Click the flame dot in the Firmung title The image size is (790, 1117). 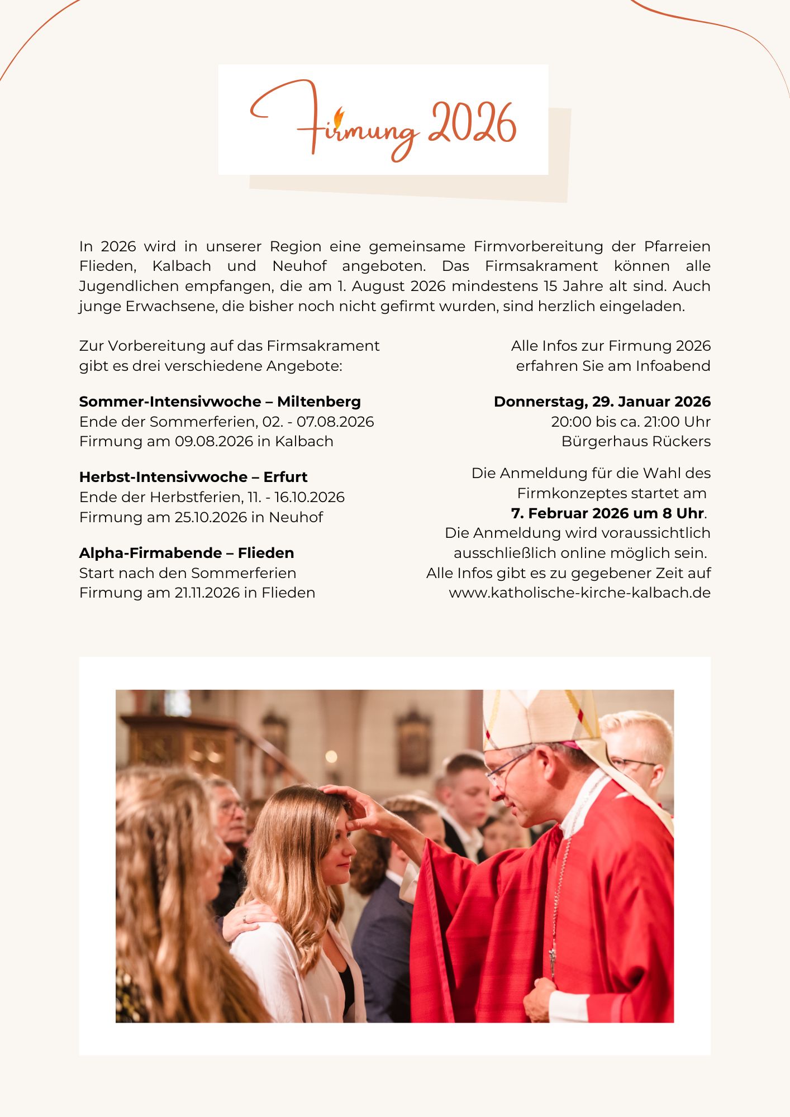339,117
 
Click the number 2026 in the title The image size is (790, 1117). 472,124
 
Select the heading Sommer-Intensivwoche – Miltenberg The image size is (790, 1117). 220,402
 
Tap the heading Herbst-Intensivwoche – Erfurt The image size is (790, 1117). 193,477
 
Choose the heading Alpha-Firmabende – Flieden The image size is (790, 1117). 187,553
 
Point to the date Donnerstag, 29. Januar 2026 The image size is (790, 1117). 602,402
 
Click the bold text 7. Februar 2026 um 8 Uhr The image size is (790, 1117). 607,513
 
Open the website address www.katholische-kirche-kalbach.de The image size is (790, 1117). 579,593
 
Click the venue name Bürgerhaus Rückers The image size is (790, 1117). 635,441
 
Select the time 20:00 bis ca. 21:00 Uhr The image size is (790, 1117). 630,422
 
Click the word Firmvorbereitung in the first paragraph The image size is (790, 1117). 538,246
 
